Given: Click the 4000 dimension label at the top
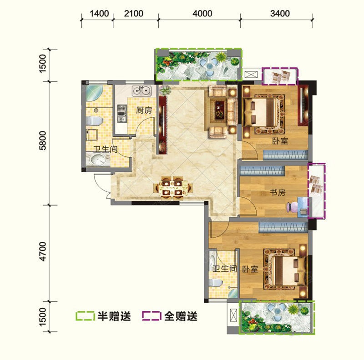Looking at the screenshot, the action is (x=202, y=14).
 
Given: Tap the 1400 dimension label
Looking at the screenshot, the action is (x=99, y=14).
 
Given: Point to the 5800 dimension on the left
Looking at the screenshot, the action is (x=43, y=140).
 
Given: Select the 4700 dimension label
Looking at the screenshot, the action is (x=43, y=251).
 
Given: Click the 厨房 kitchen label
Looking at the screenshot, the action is (x=144, y=110).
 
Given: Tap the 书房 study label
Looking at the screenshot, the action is (x=278, y=193).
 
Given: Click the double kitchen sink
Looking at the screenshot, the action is (x=142, y=91).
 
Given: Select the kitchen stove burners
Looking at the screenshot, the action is (x=121, y=114).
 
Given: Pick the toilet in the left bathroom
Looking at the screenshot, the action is (x=94, y=121).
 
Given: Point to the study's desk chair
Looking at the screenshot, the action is (x=292, y=207).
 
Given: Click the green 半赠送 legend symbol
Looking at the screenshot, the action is (x=85, y=316).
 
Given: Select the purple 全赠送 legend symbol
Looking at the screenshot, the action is (x=152, y=316).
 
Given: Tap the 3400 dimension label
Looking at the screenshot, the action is (x=280, y=14).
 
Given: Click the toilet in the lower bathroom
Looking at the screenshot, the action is (x=216, y=283).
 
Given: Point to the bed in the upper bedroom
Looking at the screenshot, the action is (x=264, y=113).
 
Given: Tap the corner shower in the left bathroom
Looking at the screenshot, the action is (x=94, y=93).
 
